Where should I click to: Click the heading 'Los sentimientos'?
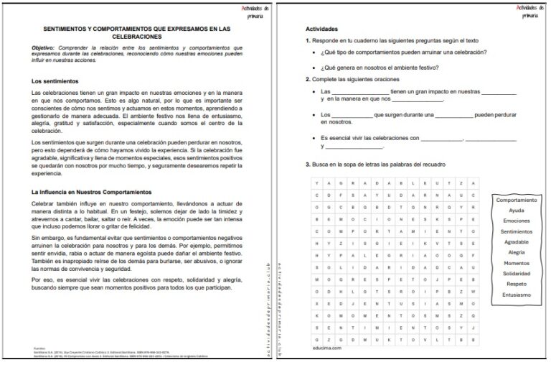coord(55,81)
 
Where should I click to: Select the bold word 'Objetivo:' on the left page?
coord(45,47)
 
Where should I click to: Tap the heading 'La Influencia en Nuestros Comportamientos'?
coord(91,193)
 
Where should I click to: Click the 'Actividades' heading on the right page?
coord(321,29)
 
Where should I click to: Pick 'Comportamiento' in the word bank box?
coord(517,200)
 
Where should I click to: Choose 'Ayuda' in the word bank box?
coord(517,211)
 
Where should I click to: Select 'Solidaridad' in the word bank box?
coord(517,274)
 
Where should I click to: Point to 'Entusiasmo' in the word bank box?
coord(517,295)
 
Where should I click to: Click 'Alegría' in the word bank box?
coord(517,253)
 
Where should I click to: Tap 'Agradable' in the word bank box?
coord(517,242)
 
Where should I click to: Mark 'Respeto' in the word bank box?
coord(517,284)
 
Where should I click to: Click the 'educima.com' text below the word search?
coord(326,347)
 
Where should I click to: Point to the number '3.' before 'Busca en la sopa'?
coord(308,165)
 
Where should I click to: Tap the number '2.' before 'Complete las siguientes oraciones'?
coord(308,80)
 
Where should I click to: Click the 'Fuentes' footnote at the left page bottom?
coord(39,347)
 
